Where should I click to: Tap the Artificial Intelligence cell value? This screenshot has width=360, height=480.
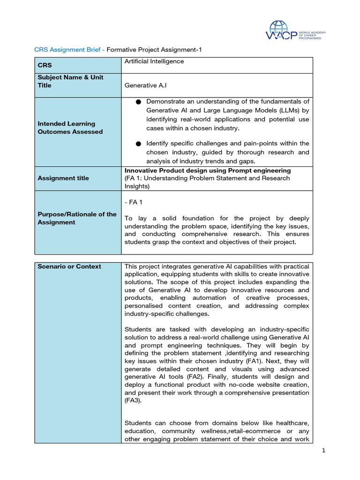tap(154, 61)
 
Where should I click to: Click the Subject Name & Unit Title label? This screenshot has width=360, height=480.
tap(70, 81)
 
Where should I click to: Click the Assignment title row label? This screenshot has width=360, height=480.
tap(63, 178)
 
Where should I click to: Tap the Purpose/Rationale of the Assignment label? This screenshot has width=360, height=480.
tap(77, 218)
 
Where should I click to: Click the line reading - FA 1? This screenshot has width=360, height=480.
tap(134, 202)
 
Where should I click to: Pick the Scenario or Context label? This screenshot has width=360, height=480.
tap(69, 266)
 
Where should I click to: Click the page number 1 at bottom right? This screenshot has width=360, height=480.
tap(323, 451)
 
